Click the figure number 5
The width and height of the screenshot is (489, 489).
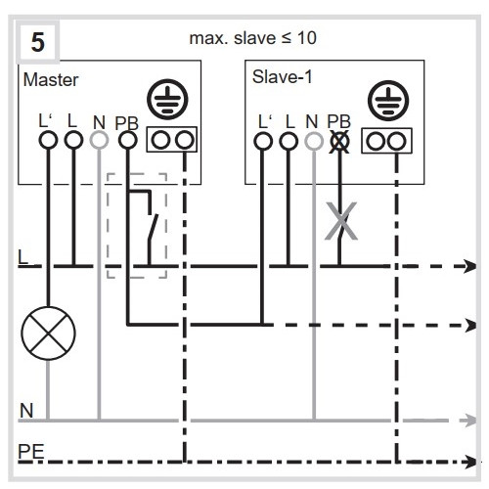38,42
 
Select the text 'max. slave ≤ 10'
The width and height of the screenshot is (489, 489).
252,38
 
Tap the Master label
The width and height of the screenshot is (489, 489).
51,80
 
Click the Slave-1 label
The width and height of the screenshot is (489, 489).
283,77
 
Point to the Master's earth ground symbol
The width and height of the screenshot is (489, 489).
167,99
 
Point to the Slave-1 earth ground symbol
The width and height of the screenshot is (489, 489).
388,101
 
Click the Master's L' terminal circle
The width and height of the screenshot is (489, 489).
48,140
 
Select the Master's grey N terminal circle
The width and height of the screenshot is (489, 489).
99,140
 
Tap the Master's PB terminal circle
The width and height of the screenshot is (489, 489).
128,140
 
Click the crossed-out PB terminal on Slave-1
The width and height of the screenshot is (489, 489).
339,142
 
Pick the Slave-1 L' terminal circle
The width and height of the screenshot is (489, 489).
263,142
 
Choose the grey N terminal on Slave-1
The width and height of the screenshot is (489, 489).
314,142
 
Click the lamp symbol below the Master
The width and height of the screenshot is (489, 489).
48,333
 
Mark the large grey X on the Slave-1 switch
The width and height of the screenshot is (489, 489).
341,221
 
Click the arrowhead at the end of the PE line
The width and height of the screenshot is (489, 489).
470,462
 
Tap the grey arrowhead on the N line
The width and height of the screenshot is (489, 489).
468,421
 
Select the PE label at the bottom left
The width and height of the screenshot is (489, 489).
31,452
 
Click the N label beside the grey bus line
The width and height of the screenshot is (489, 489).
26,411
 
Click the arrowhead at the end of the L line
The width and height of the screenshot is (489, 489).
470,266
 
